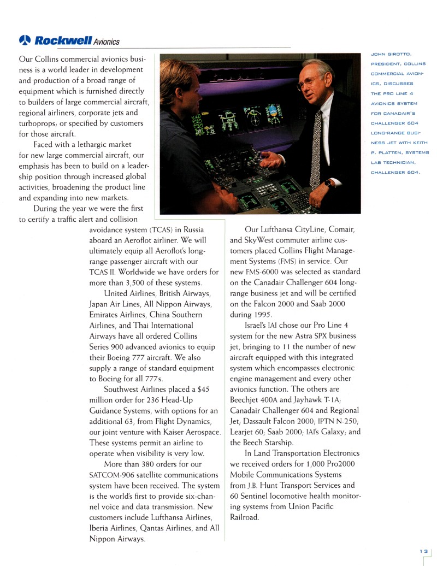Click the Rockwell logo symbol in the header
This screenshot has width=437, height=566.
25,40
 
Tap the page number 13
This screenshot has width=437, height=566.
423,552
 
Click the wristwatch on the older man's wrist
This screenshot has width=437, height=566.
327,183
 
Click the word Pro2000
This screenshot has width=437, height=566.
342,464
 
